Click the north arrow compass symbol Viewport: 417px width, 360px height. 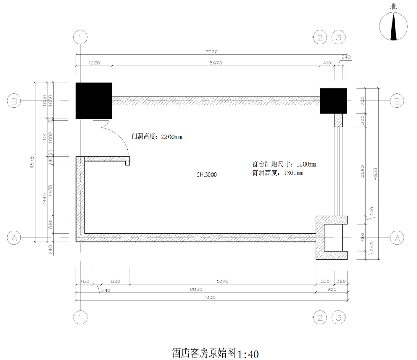point(394,26)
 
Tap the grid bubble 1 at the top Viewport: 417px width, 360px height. point(80,38)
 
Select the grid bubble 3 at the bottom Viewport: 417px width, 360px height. point(339,318)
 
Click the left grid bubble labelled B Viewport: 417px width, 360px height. point(14,101)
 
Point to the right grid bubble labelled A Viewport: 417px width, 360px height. point(397,238)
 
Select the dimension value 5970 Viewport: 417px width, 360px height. point(216,63)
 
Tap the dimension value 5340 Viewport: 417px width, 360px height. point(222,281)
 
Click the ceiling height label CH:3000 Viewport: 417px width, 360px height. point(207,175)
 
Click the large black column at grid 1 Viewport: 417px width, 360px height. point(94,101)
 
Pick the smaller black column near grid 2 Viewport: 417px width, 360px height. point(333,101)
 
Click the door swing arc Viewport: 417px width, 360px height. point(120,136)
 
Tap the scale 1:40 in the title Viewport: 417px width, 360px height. point(248,354)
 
